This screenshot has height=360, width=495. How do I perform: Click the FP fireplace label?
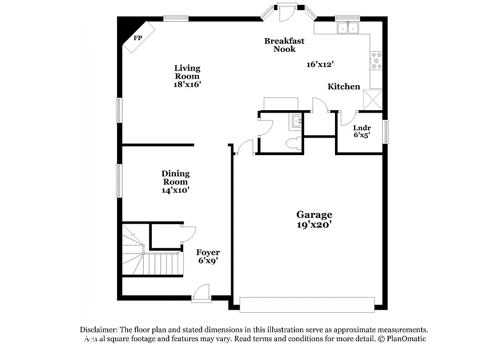[x=138, y=38]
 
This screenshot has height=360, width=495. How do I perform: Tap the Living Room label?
[x=187, y=72]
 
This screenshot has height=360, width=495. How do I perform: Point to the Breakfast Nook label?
[x=284, y=45]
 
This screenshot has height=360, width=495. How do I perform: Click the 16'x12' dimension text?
[x=320, y=64]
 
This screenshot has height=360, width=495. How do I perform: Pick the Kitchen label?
[x=344, y=86]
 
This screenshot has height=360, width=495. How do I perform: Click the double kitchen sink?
[x=348, y=28]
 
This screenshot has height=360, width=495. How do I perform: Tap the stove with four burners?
[x=376, y=60]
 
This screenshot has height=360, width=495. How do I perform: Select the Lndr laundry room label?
[x=362, y=128]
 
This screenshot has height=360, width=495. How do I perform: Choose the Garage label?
[x=314, y=215]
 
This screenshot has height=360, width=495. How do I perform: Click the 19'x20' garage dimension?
[x=314, y=225]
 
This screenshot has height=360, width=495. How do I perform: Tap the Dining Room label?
[x=175, y=177]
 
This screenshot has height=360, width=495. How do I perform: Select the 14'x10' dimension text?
[x=175, y=190]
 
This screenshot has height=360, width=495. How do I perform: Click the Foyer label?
[x=208, y=252]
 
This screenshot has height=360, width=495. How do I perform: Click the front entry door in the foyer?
[x=201, y=294]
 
